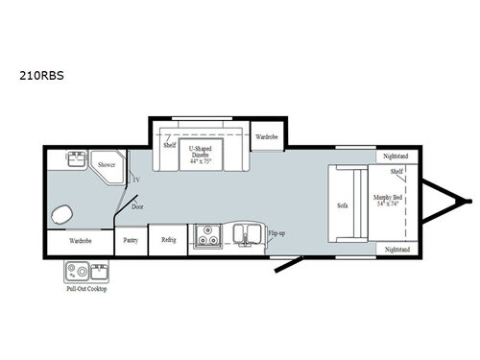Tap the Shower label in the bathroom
pos(106,165)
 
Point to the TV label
pos(135,180)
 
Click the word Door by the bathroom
pos(137,204)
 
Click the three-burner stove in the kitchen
pos(205,236)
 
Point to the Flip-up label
pos(276,232)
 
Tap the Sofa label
pos(342,205)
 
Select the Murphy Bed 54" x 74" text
pos(389,200)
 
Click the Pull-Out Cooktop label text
pos(86,288)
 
